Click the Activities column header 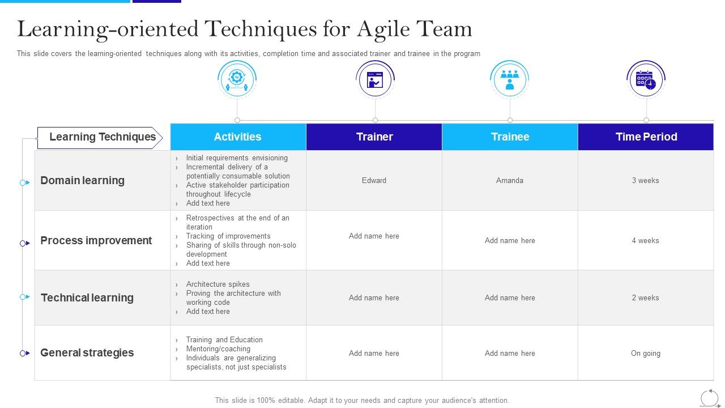pyautogui.click(x=238, y=137)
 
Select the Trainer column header pyautogui.click(x=374, y=137)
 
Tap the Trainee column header pyautogui.click(x=510, y=137)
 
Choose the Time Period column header pyautogui.click(x=646, y=137)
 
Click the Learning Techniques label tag pyautogui.click(x=100, y=138)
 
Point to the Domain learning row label pyautogui.click(x=83, y=180)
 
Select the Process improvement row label pyautogui.click(x=96, y=241)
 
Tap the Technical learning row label pyautogui.click(x=87, y=297)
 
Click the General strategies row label pyautogui.click(x=87, y=352)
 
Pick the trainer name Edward pyautogui.click(x=374, y=180)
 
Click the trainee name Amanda pyautogui.click(x=510, y=180)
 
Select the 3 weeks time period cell pyautogui.click(x=645, y=180)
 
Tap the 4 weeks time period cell pyautogui.click(x=645, y=241)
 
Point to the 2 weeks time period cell pyautogui.click(x=645, y=297)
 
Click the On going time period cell pyautogui.click(x=646, y=353)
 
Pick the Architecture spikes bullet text pyautogui.click(x=218, y=284)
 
